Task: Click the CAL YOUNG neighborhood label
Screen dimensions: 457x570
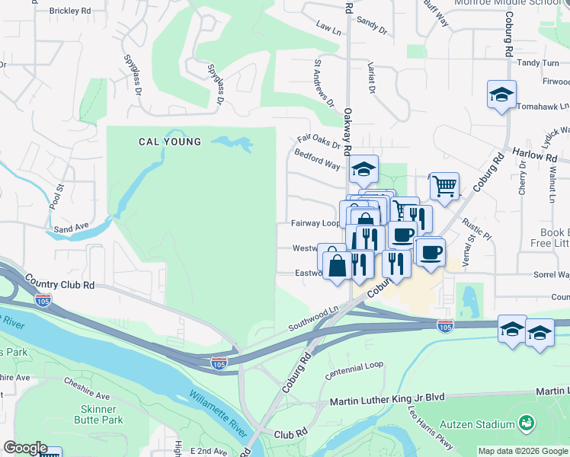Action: click(170, 142)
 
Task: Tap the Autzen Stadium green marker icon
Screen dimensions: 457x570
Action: click(525, 422)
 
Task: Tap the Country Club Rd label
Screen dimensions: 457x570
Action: click(59, 283)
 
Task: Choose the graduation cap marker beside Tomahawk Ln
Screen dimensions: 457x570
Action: click(501, 95)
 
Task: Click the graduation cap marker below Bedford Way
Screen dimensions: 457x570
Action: click(364, 169)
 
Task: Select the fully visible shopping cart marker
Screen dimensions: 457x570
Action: click(444, 186)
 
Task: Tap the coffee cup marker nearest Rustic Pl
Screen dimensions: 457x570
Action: click(431, 252)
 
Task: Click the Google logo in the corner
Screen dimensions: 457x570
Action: click(25, 448)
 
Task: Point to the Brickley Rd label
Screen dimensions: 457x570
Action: click(69, 11)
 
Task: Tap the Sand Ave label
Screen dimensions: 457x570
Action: click(71, 227)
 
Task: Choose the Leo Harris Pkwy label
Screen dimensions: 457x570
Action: click(432, 430)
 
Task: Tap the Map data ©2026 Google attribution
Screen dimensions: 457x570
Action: click(522, 450)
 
